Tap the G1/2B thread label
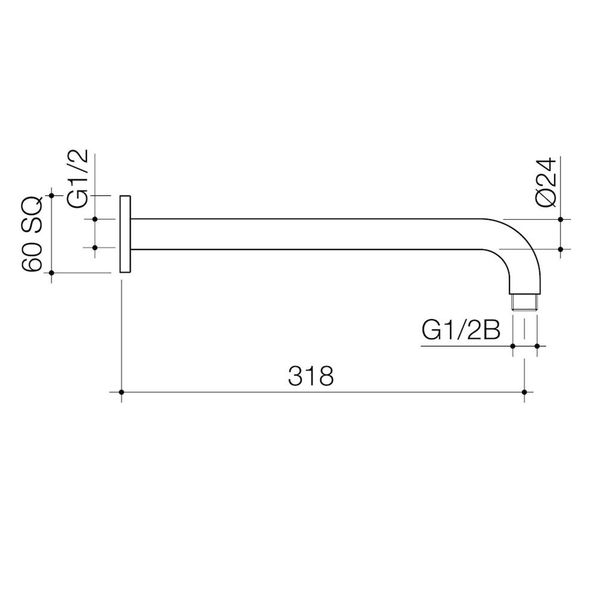[461, 330]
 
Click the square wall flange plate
[125, 234]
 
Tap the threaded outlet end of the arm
[524, 302]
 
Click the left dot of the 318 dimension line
[121, 392]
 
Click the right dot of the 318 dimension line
[525, 392]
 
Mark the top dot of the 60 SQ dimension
[51, 196]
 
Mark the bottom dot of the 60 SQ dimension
[51, 273]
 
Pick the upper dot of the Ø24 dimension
[561, 219]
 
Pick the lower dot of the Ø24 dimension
[561, 249]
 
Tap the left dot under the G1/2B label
[513, 346]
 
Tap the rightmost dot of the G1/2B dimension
[537, 346]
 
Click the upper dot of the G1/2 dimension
[95, 219]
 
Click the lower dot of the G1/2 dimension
[95, 247]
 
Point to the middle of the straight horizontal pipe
[305, 234]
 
